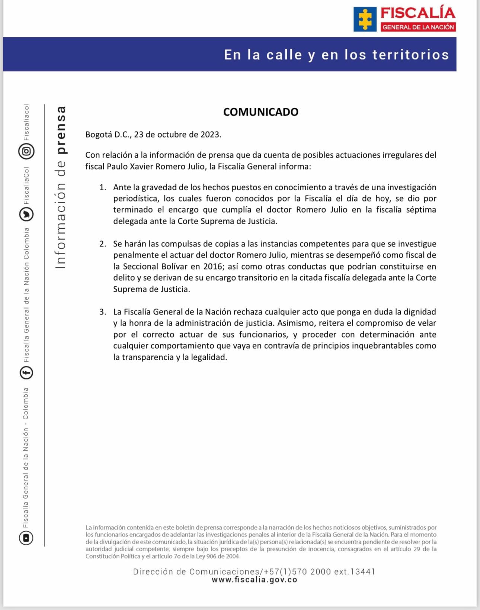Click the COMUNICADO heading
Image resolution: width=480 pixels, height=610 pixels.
point(260,112)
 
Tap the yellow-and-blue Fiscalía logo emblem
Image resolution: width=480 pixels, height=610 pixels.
point(365,19)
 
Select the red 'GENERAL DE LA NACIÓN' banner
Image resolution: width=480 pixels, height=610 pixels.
point(418,27)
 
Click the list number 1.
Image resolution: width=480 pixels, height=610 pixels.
point(103,187)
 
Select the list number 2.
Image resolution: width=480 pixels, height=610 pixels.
point(103,244)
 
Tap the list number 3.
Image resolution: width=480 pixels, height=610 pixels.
point(103,312)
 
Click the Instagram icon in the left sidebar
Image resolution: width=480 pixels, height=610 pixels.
point(26,151)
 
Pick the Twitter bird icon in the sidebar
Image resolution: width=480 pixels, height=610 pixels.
point(26,214)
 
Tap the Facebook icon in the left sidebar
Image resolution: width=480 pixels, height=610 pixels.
point(26,372)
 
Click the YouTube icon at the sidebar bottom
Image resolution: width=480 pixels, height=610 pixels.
point(26,538)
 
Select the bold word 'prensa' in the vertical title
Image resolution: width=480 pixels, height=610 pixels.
point(61,130)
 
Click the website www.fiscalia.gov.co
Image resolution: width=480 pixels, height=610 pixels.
point(255,580)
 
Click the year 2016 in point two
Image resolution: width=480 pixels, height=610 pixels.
point(213,267)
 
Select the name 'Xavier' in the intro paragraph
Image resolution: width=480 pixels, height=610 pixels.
point(141,167)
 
